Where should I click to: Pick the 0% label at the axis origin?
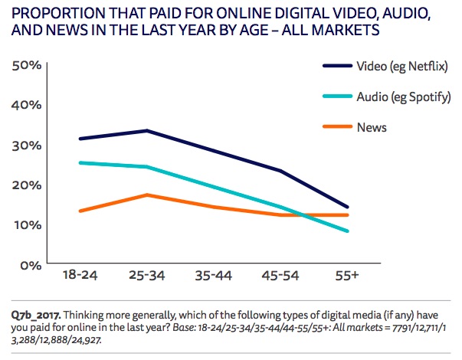29,265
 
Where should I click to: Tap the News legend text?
372,126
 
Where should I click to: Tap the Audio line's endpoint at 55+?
348,231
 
